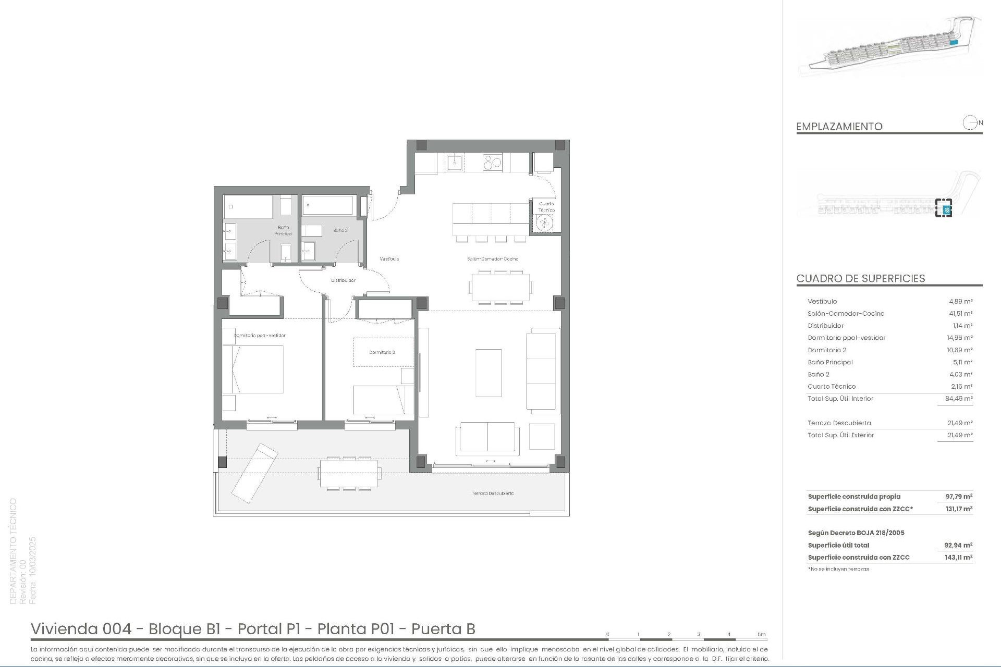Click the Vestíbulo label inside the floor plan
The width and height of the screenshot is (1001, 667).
[389, 259]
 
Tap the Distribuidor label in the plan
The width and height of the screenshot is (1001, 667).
[343, 280]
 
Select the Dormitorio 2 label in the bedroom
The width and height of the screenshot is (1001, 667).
[382, 352]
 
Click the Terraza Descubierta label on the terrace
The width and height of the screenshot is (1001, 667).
[493, 493]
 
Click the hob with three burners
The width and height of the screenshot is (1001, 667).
[492, 163]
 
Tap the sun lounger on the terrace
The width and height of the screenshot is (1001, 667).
[254, 473]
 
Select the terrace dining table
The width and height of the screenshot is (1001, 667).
[349, 473]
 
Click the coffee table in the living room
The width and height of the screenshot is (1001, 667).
[489, 373]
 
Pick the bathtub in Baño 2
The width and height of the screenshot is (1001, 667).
[327, 205]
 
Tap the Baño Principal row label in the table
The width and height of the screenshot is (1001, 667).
[830, 362]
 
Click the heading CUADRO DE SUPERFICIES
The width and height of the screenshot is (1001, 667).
[860, 278]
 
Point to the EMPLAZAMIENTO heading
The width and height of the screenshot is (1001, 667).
[839, 126]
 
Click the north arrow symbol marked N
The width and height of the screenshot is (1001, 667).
[971, 123]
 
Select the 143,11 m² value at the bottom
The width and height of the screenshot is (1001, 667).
[958, 557]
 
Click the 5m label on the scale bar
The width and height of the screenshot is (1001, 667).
[762, 634]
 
